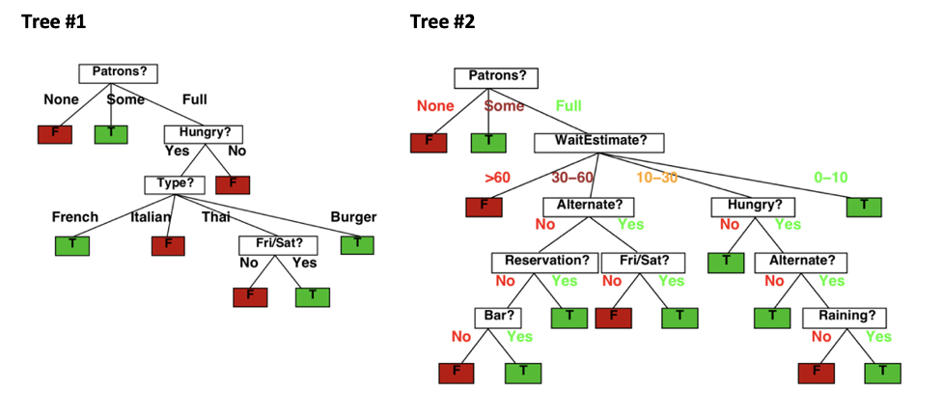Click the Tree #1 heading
click(53, 22)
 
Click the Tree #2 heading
click(443, 22)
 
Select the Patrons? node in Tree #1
click(119, 73)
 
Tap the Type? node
click(175, 184)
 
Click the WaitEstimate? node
click(599, 143)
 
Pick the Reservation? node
click(545, 263)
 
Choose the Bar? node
click(498, 318)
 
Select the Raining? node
click(845, 318)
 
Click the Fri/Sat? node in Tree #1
click(278, 245)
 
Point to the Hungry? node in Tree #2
click(752, 207)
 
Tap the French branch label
click(75, 217)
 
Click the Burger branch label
click(353, 217)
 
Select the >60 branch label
click(497, 178)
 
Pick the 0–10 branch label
click(831, 178)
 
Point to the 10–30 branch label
click(656, 178)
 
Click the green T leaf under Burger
click(357, 245)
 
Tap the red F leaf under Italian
click(168, 245)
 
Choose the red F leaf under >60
click(484, 207)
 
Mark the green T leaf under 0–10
click(864, 207)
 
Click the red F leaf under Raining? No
click(817, 373)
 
